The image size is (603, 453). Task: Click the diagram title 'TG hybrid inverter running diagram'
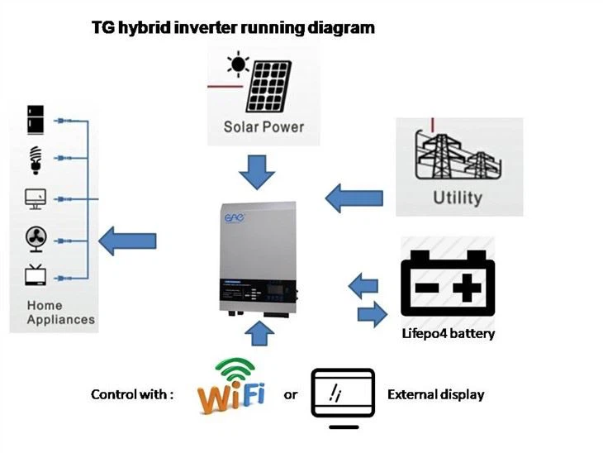tap(232, 27)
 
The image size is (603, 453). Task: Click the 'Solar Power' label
tap(264, 127)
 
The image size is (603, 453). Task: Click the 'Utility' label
tap(458, 198)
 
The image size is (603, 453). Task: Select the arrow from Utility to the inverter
tap(354, 198)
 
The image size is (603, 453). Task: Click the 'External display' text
tap(435, 394)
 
